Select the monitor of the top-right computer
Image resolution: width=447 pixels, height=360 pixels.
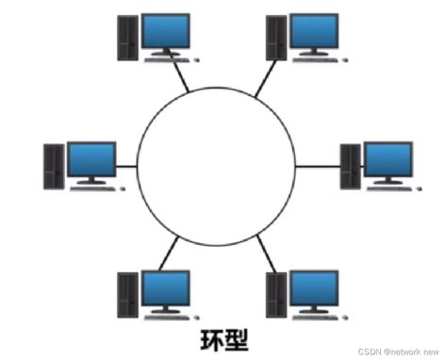pos(310,34)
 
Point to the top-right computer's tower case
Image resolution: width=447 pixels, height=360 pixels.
pos(273,39)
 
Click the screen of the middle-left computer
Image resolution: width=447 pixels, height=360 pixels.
pos(91,160)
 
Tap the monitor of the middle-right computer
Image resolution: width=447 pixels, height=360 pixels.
pos(388,159)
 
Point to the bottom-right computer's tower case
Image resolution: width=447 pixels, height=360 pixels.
pos(275,294)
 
